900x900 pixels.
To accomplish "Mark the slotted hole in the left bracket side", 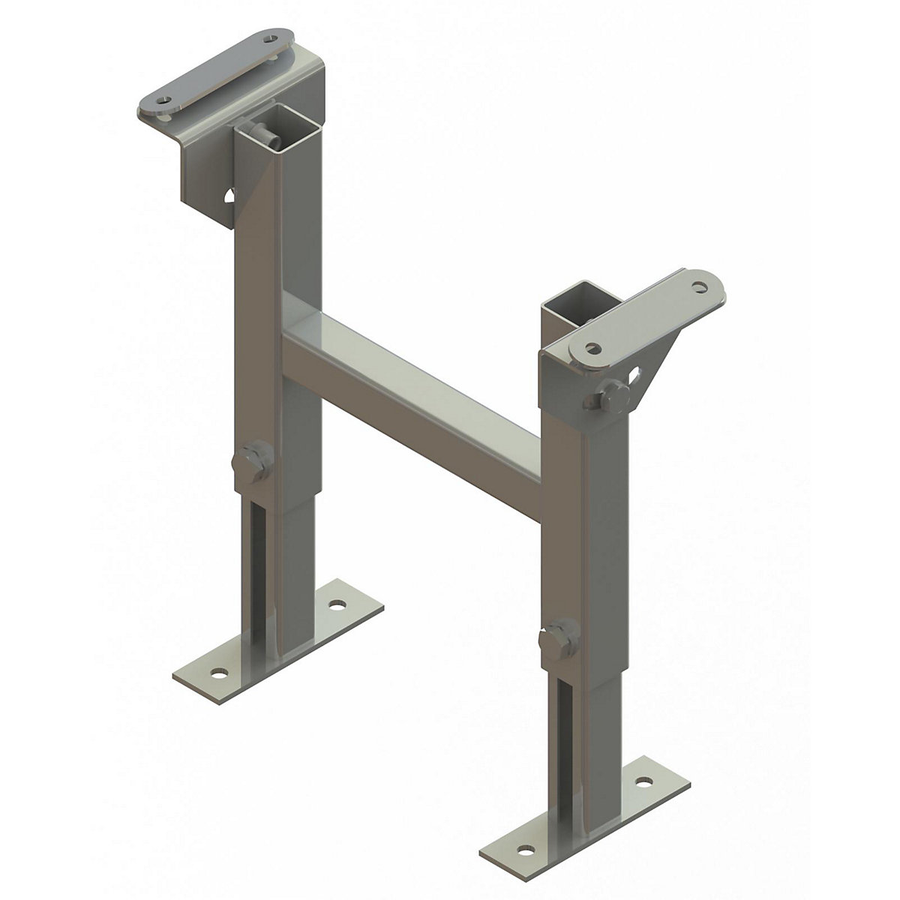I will (x=229, y=196).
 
